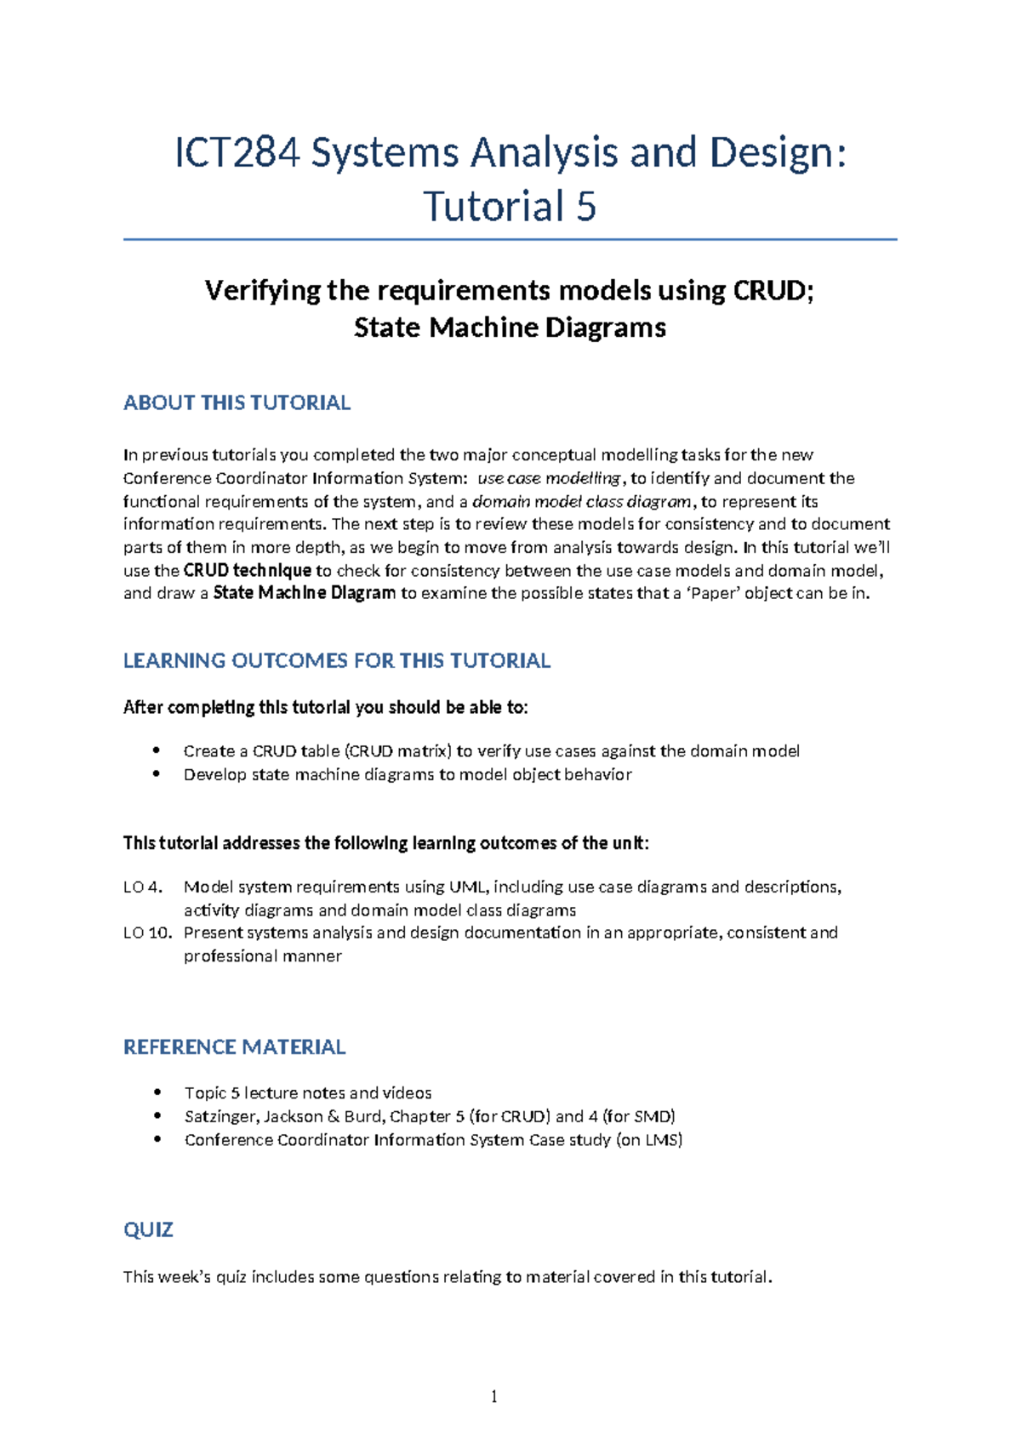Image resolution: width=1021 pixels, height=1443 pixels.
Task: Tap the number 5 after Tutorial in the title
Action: pyautogui.click(x=585, y=207)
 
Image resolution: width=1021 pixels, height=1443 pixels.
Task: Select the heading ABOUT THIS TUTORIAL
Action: pyautogui.click(x=237, y=402)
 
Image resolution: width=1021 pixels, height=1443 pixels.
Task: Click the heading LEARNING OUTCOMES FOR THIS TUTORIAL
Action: pyautogui.click(x=337, y=660)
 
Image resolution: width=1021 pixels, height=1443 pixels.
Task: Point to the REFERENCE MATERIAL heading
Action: pyautogui.click(x=234, y=1047)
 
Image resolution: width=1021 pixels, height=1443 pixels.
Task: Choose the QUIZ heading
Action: pyautogui.click(x=148, y=1229)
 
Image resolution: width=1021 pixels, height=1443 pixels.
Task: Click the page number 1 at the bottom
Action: pyautogui.click(x=493, y=1396)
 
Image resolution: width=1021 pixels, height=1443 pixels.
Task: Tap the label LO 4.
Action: pyautogui.click(x=142, y=887)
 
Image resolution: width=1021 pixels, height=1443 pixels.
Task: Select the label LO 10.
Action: pyautogui.click(x=147, y=933)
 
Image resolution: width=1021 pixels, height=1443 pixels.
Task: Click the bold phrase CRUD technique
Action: pyautogui.click(x=248, y=570)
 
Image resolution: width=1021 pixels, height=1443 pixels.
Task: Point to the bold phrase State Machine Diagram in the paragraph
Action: pyautogui.click(x=304, y=593)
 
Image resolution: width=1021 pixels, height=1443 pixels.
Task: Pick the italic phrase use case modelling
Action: pyautogui.click(x=549, y=478)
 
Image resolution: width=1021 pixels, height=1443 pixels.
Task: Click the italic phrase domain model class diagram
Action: pyautogui.click(x=581, y=501)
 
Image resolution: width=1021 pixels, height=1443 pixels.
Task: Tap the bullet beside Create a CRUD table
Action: pyautogui.click(x=156, y=750)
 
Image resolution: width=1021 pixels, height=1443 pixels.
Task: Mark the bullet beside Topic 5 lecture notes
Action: pyautogui.click(x=156, y=1092)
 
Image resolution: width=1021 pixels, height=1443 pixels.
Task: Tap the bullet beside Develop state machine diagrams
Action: pyautogui.click(x=156, y=774)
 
